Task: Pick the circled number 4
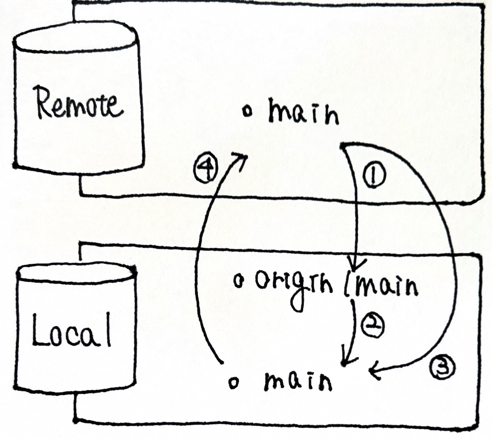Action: [x=206, y=169]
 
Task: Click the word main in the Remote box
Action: [x=303, y=114]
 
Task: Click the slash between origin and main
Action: [x=347, y=285]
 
